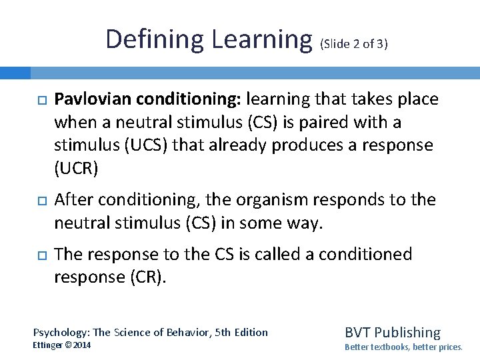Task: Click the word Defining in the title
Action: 155,39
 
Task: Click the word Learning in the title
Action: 262,39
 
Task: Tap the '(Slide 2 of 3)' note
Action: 354,45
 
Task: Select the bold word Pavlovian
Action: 93,100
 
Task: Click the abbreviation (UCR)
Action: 75,168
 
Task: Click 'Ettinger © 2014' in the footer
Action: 62,345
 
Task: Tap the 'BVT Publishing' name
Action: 392,332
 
